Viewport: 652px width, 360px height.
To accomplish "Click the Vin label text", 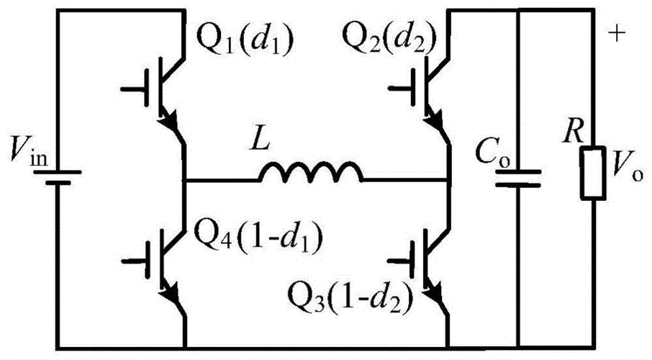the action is click(x=28, y=150).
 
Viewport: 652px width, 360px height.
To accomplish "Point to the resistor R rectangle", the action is click(x=593, y=172).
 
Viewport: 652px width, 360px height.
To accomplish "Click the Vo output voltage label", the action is click(x=627, y=170).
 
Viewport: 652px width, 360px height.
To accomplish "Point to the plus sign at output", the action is click(x=617, y=33).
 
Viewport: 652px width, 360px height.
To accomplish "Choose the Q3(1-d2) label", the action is click(x=350, y=297).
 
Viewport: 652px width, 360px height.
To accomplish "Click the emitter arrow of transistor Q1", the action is click(x=169, y=120).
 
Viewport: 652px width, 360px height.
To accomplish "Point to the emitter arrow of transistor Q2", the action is click(x=435, y=120).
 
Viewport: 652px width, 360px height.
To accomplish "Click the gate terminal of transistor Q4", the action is click(x=135, y=261).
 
